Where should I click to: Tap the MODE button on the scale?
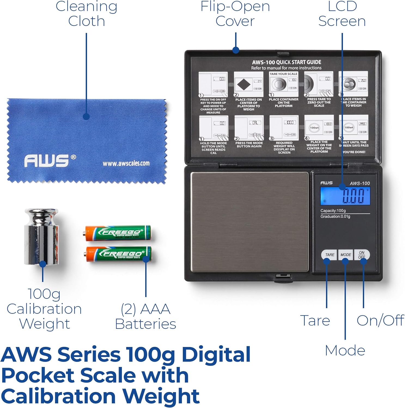pyautogui.click(x=345, y=255)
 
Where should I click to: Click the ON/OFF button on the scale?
pyautogui.click(x=362, y=255)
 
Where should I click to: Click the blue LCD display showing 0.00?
pyautogui.click(x=345, y=196)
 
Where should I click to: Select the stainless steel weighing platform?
pyautogui.click(x=249, y=222)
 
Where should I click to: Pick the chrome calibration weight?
pyautogui.click(x=42, y=237)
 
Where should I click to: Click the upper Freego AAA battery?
pyautogui.click(x=117, y=233)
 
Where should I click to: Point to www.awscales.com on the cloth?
pyautogui.click(x=126, y=163)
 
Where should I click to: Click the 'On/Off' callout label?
pyautogui.click(x=380, y=320)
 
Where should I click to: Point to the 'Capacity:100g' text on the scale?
pyautogui.click(x=333, y=211)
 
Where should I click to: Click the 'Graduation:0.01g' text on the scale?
pyautogui.click(x=335, y=217)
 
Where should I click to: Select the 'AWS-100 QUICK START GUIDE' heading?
pyautogui.click(x=286, y=62)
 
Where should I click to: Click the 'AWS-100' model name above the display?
pyautogui.click(x=360, y=183)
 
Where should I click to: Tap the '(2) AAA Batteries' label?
pyautogui.click(x=146, y=316)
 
